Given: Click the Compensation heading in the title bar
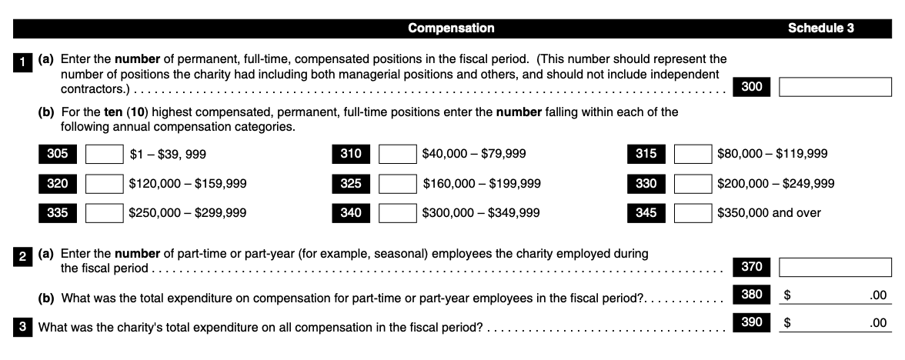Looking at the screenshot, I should [451, 29].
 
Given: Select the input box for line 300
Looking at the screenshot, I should [836, 88].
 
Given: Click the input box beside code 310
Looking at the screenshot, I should [399, 154].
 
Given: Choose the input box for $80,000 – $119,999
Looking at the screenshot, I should [693, 154].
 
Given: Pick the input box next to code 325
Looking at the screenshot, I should [399, 184].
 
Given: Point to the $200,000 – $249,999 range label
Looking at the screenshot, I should [776, 184].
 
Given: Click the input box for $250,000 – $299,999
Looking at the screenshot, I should [104, 213].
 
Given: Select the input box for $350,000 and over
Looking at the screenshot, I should [693, 213].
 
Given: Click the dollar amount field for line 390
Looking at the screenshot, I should [836, 323].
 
